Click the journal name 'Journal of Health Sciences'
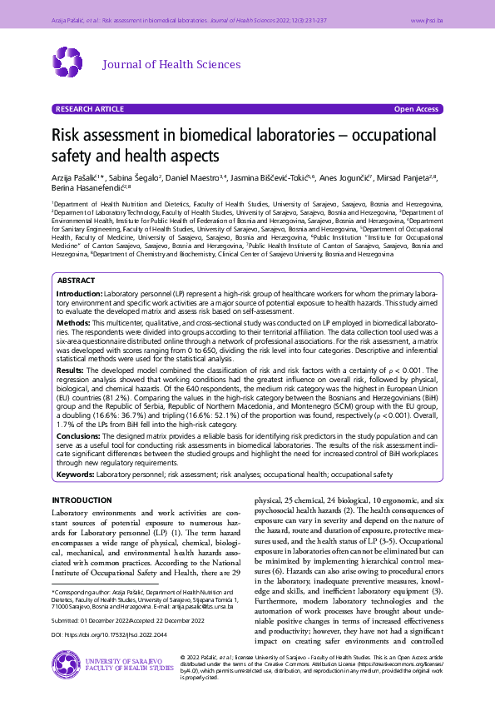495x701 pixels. [171, 64]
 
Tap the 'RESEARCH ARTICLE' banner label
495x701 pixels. [88, 109]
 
